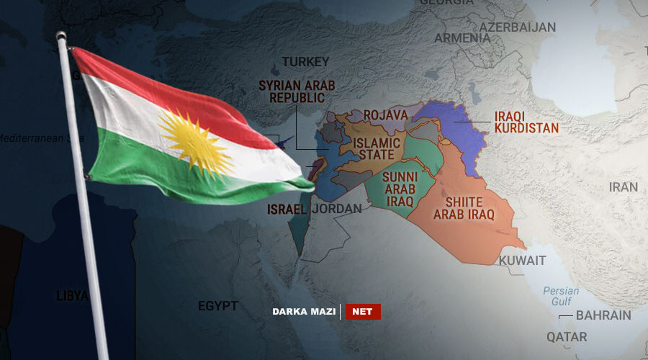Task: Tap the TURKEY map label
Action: (x=305, y=62)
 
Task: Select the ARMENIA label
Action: (x=462, y=37)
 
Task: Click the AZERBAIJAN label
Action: (x=518, y=27)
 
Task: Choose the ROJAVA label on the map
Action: (x=386, y=115)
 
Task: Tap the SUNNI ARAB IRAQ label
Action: (x=400, y=189)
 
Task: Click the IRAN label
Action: (x=624, y=187)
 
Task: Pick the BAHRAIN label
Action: (x=603, y=315)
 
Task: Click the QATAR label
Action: (x=566, y=336)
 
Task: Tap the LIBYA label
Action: (x=72, y=296)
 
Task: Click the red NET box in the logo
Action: (x=363, y=312)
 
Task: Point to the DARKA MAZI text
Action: (x=303, y=312)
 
